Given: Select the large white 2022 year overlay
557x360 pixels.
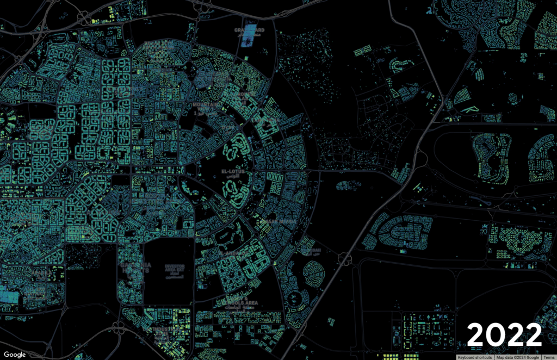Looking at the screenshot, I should (x=504, y=333).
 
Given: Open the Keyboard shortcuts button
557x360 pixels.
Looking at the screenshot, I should (x=475, y=357).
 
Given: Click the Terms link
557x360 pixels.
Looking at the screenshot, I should (x=548, y=357).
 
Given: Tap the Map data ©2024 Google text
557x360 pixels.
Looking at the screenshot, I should (x=517, y=357).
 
